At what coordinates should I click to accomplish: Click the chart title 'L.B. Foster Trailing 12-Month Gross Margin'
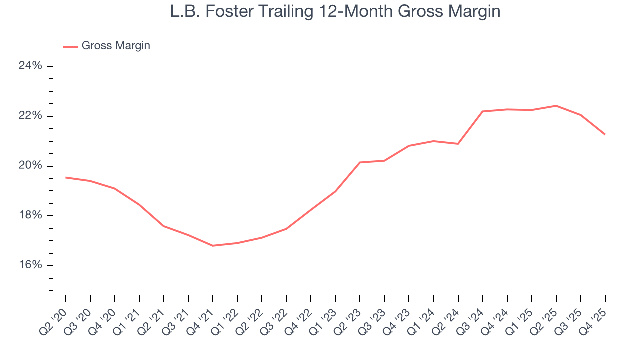[335, 12]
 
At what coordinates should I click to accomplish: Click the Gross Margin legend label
[116, 46]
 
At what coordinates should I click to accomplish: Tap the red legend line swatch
[70, 46]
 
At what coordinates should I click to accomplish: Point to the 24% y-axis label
[30, 66]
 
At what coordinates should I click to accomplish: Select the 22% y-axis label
[30, 116]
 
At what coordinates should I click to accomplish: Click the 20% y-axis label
[30, 166]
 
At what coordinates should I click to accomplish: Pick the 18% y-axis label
[30, 215]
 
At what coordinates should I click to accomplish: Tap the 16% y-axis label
[30, 265]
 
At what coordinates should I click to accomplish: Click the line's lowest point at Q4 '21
[213, 246]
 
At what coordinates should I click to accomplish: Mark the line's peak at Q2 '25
[556, 106]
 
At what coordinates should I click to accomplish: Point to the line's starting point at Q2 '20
[66, 177]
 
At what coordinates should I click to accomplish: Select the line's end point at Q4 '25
[605, 134]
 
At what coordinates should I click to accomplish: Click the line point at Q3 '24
[482, 111]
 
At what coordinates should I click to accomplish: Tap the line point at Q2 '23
[360, 162]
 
